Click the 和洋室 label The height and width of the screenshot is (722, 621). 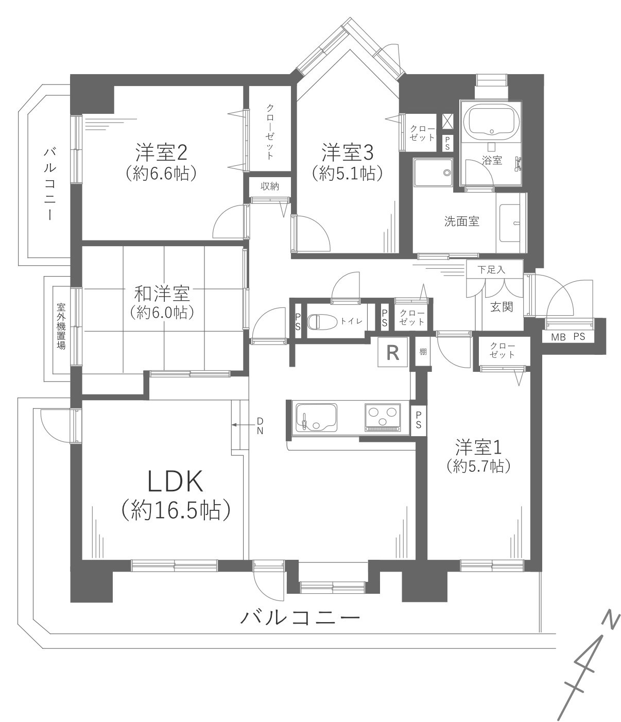click(162, 294)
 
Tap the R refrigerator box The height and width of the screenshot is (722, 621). click(393, 353)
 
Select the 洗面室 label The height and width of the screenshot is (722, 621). click(462, 221)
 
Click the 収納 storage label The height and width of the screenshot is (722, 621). click(269, 186)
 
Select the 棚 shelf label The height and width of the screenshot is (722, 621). click(422, 352)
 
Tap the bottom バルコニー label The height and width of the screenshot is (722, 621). click(300, 616)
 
